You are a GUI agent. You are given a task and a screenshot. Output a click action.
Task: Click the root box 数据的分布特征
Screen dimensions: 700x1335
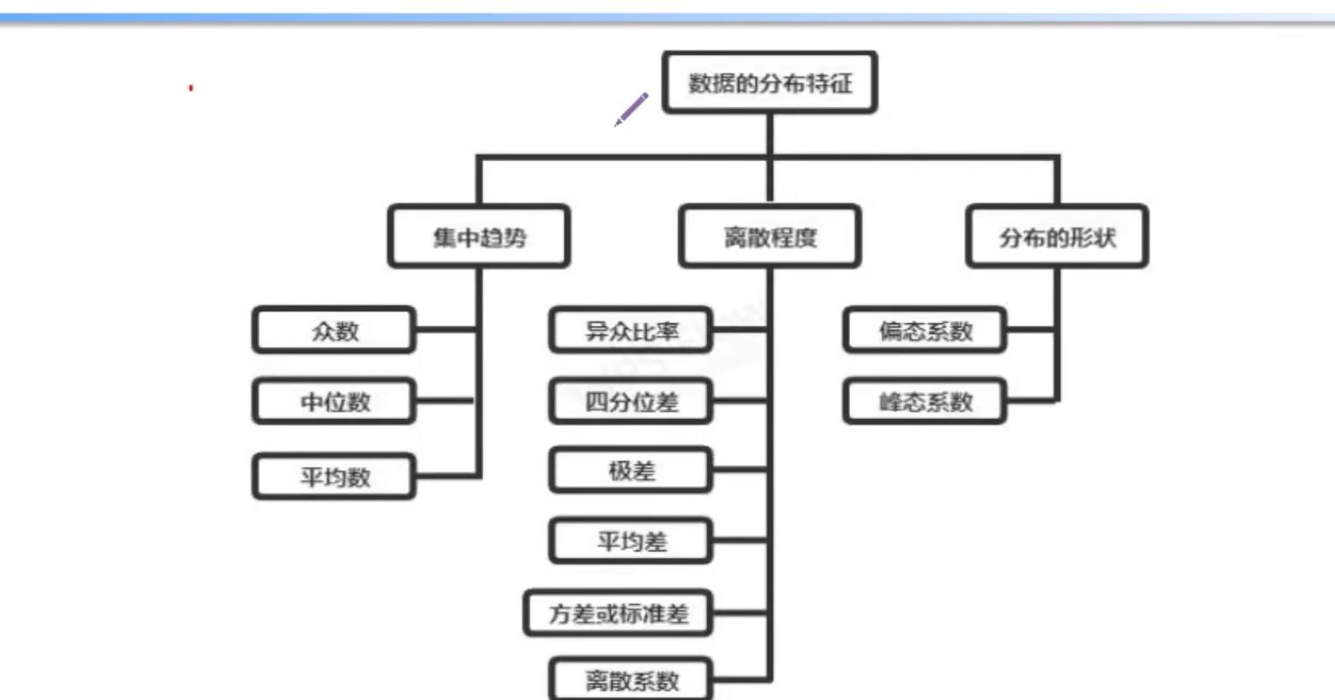[x=769, y=83]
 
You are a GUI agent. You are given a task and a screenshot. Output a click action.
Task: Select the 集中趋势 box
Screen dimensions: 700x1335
[x=479, y=237]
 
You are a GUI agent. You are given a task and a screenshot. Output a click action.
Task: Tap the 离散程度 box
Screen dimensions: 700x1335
[x=769, y=237]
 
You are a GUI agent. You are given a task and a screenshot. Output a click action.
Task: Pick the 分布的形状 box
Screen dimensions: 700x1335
[x=1057, y=237]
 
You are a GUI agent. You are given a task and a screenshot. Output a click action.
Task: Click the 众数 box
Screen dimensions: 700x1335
[x=334, y=331]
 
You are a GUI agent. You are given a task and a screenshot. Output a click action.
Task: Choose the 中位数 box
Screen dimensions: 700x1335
[x=334, y=402]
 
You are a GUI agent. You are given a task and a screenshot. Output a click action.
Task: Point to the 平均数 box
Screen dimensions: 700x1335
[x=334, y=476]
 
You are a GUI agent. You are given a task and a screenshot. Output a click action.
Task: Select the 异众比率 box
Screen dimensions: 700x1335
[x=631, y=331]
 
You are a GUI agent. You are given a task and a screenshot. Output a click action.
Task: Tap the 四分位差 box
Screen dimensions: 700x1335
[x=631, y=402]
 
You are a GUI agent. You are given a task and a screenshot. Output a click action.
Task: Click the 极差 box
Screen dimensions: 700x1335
[x=631, y=470]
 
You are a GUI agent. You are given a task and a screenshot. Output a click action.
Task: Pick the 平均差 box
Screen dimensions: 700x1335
[x=631, y=541]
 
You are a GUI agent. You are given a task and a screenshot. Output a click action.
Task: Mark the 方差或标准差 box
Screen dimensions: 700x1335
[x=618, y=613]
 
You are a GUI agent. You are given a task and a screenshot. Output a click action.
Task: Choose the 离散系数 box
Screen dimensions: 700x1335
[x=631, y=680]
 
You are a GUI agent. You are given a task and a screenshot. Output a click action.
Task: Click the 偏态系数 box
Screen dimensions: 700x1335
[x=925, y=331]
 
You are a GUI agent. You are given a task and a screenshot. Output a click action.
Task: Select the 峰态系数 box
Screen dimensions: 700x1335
[x=925, y=402]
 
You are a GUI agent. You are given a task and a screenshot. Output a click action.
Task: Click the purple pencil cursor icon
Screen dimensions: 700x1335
[x=632, y=110]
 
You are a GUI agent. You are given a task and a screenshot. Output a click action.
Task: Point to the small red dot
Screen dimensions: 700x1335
[x=191, y=87]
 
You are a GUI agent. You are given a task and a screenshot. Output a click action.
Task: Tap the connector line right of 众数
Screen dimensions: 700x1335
[x=446, y=329]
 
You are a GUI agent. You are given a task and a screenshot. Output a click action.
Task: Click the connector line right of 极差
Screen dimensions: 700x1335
[x=739, y=470]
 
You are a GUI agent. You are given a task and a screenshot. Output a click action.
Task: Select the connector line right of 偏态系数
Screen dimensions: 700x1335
[x=1030, y=329]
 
